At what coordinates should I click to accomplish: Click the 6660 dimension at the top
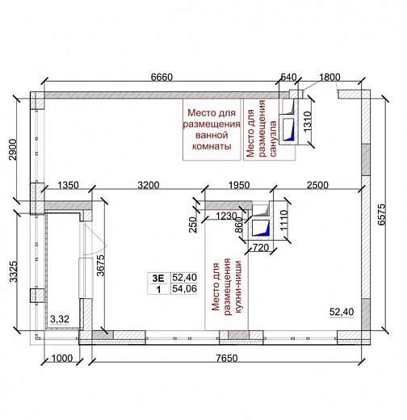click(162, 78)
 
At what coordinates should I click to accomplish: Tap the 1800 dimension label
click(329, 78)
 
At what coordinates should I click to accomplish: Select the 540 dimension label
click(288, 78)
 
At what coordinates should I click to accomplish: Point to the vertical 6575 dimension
click(382, 215)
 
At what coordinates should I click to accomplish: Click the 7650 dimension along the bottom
click(227, 358)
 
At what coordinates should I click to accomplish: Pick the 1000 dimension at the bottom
click(62, 358)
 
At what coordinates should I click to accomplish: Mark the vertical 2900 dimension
click(13, 149)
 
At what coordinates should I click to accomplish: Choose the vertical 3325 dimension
click(13, 271)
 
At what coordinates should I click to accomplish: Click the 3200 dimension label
click(149, 185)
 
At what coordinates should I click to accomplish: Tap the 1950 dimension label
click(239, 185)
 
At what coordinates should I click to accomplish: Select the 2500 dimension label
click(317, 185)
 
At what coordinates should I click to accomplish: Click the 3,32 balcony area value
click(60, 319)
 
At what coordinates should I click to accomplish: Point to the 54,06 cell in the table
click(185, 288)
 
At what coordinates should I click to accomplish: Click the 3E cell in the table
click(158, 278)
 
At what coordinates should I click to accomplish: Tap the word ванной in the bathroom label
click(212, 135)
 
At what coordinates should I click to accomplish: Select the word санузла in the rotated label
click(273, 139)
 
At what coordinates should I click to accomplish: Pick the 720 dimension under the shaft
click(261, 247)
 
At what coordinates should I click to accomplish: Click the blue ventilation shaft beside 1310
click(288, 130)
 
